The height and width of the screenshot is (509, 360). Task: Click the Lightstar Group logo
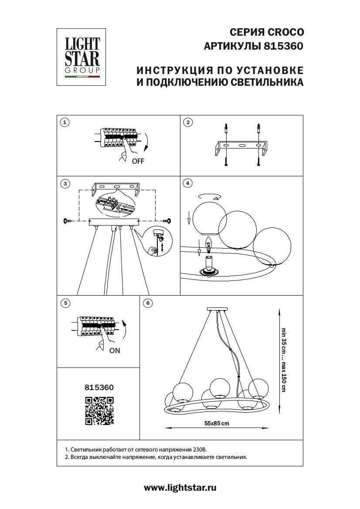pos(82,57)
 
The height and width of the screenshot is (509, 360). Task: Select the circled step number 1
pos(65,122)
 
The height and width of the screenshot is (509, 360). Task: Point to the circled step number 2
pos(187,122)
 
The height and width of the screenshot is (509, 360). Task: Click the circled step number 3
pos(65,184)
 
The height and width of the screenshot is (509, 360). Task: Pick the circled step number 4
pos(187,183)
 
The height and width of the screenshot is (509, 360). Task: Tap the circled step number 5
pos(65,303)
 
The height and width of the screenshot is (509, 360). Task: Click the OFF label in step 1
pos(138,161)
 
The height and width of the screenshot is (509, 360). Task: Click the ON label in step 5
pos(115,350)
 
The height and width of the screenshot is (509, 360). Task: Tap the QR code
pos(99,411)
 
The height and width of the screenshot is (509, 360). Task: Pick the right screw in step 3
pos(167,221)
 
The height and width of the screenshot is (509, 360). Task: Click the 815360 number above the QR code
pos(99,387)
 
